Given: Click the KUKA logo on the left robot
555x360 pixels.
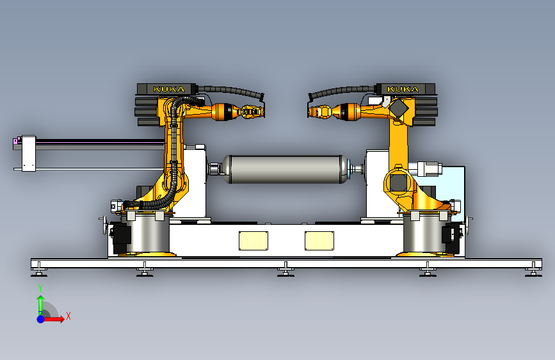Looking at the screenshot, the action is [x=169, y=89].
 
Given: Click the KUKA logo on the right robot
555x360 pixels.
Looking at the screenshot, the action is [x=403, y=89].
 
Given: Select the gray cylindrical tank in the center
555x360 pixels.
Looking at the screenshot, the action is [x=285, y=169].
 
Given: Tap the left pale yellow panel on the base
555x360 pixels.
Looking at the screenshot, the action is [x=253, y=241].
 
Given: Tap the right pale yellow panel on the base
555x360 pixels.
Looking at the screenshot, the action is [x=319, y=241].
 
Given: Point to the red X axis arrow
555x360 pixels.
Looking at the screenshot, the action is [x=54, y=319].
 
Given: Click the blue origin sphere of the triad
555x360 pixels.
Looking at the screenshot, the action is [x=41, y=319].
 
